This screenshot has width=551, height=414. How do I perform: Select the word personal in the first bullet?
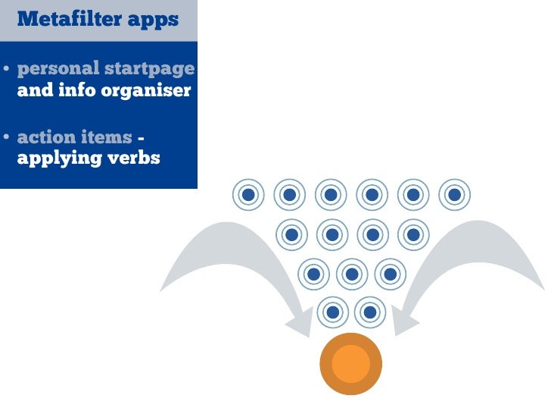pyautogui.click(x=58, y=69)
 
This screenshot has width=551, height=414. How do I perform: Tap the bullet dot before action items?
pyautogui.click(x=6, y=139)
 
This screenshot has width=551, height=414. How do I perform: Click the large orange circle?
pyautogui.click(x=351, y=364)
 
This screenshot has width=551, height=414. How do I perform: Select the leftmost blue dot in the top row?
pyautogui.click(x=248, y=195)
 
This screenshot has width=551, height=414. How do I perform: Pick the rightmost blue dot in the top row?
pyautogui.click(x=454, y=195)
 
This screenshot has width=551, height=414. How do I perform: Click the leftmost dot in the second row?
pyautogui.click(x=290, y=234)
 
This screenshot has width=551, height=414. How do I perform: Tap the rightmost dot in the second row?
pyautogui.click(x=413, y=234)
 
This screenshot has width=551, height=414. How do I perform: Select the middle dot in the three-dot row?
pyautogui.click(x=351, y=274)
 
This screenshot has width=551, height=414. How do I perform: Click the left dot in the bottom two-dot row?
pyautogui.click(x=332, y=312)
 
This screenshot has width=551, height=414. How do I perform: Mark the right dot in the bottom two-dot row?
pyautogui.click(x=370, y=312)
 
